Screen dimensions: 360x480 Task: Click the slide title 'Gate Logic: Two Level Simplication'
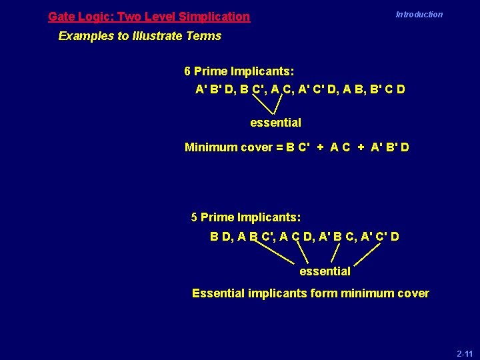149,17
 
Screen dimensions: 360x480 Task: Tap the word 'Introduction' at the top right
419,15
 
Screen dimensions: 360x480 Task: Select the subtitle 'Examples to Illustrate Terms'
139,36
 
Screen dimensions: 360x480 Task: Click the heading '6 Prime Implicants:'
239,71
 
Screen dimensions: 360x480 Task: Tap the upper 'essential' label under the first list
275,123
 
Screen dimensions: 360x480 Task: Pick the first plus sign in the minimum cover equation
320,147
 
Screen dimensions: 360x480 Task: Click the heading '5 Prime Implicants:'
245,217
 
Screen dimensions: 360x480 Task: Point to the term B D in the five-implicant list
220,237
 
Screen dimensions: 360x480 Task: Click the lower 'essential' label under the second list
325,271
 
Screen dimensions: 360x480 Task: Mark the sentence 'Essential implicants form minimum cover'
310,293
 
